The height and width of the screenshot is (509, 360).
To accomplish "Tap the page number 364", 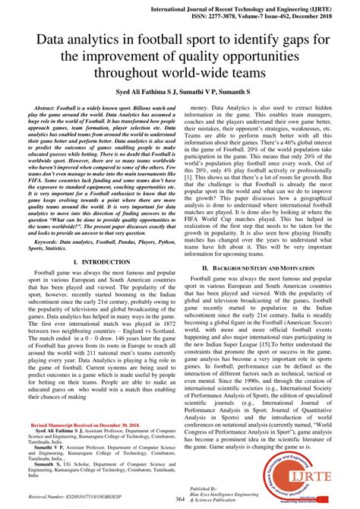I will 179,498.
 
